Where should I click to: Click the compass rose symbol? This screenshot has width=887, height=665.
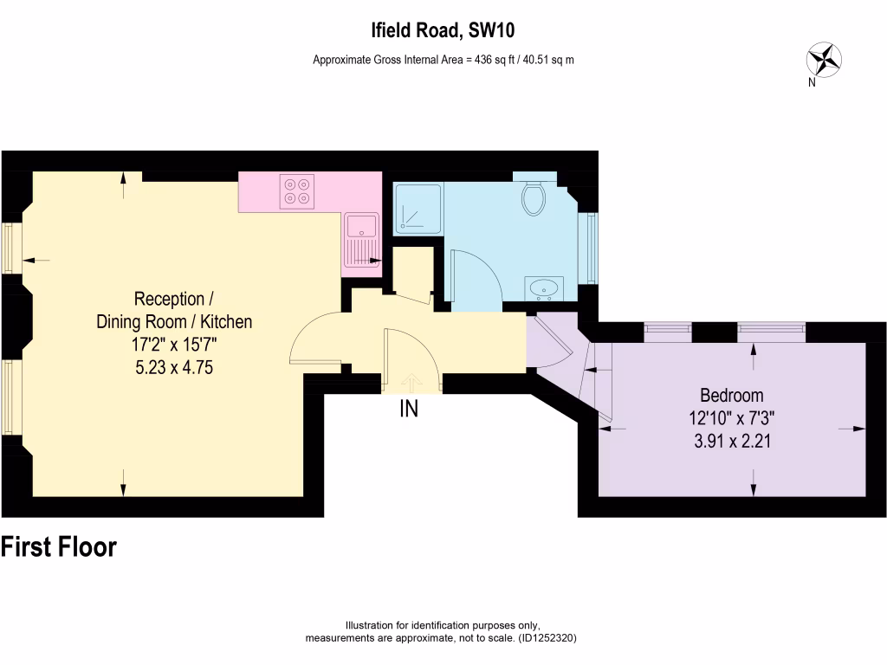tap(824, 60)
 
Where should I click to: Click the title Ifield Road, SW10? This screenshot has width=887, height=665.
tap(443, 31)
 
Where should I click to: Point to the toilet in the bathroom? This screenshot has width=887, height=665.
tap(534, 197)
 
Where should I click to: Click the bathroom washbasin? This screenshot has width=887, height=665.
tap(545, 287)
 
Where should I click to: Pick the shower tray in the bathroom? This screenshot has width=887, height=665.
tap(418, 209)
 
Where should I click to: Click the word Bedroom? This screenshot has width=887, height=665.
tap(732, 396)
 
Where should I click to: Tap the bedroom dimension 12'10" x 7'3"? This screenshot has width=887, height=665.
tap(732, 417)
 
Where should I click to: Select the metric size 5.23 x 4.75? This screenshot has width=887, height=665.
tap(173, 366)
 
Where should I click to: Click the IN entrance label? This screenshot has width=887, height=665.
tap(409, 410)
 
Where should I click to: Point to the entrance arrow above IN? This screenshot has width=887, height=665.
tap(409, 381)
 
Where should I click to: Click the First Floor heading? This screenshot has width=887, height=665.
tap(59, 547)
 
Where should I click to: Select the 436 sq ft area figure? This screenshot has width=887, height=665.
tap(493, 60)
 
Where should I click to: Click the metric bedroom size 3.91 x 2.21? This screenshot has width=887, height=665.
tap(732, 440)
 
